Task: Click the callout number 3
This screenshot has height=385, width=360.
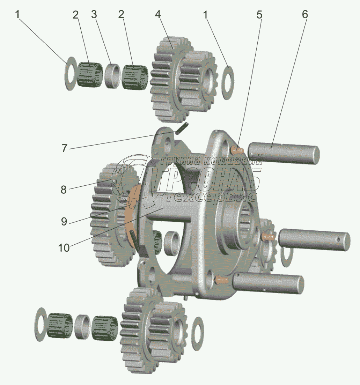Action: click(x=94, y=15)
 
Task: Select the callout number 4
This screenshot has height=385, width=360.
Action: click(x=158, y=15)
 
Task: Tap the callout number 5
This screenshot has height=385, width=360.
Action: click(x=259, y=15)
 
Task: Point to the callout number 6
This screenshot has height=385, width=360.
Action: click(x=304, y=15)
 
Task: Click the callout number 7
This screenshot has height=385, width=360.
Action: click(x=64, y=148)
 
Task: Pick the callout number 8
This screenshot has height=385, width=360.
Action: click(x=64, y=190)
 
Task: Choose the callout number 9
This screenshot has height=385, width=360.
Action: click(x=64, y=222)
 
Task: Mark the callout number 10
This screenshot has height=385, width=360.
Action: click(x=64, y=248)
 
